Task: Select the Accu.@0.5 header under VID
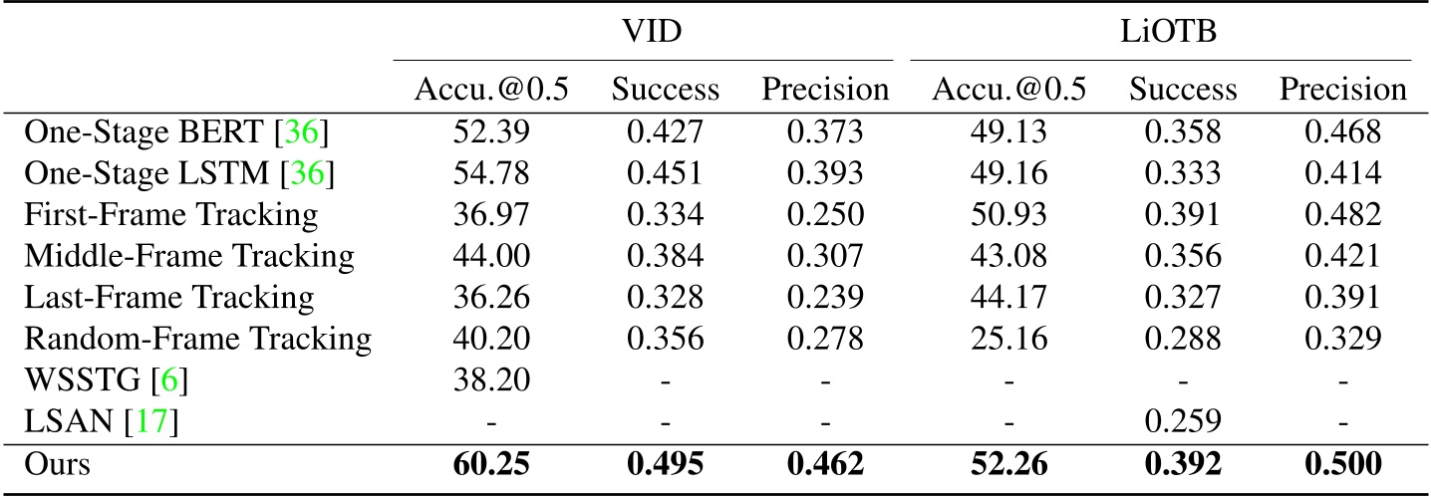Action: coord(490,90)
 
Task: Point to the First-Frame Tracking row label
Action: coord(170,214)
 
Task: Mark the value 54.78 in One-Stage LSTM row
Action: coord(490,173)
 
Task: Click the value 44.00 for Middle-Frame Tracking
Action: coord(490,256)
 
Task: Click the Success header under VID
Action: coord(665,90)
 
